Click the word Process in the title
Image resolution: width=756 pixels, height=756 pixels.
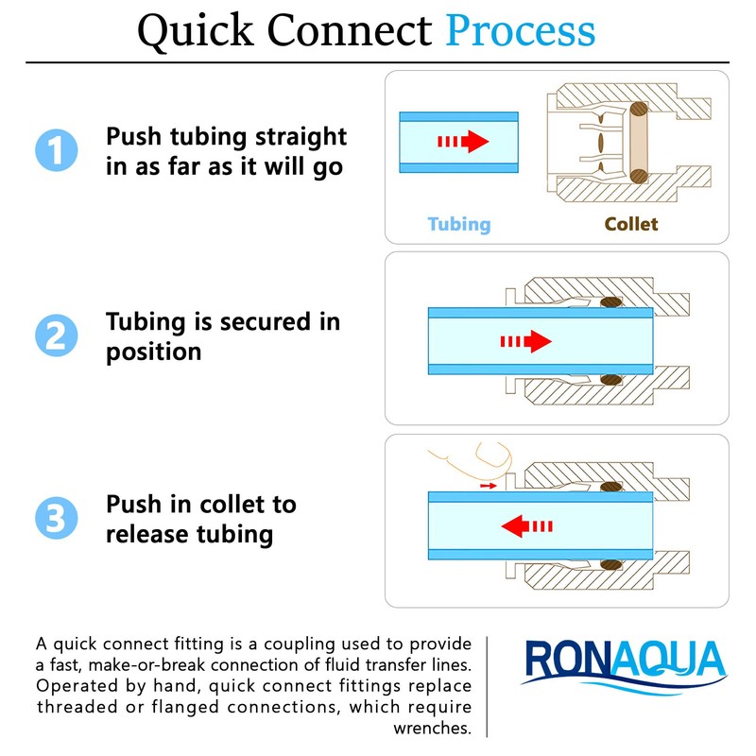pos(521,30)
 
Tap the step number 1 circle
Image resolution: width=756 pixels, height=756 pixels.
pos(54,151)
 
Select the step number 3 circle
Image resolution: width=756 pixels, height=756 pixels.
pos(54,519)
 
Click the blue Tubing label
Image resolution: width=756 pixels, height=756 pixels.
pos(459,224)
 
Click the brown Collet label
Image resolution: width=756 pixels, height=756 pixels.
pos(631,224)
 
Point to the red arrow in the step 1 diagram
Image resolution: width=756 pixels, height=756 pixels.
pos(463,142)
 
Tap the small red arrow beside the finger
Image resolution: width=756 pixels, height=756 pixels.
pos(488,486)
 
